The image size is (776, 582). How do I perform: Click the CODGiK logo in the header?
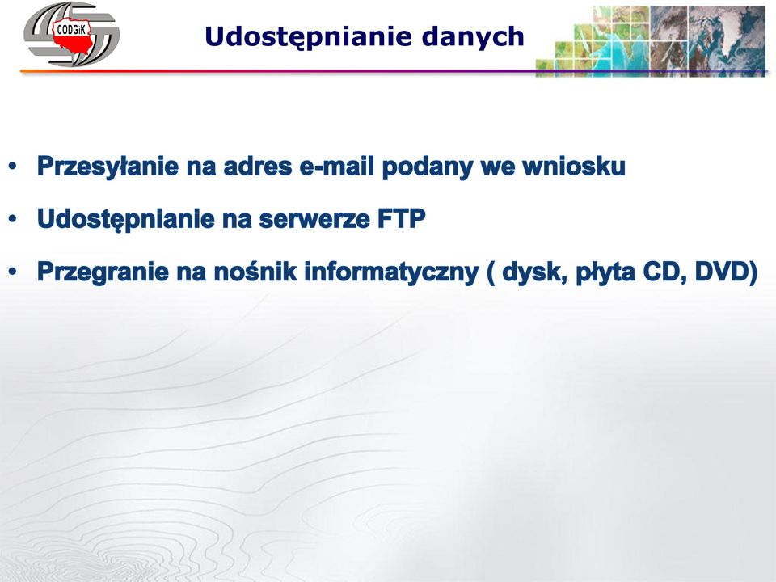point(71,34)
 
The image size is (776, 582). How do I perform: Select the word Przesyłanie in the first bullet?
point(108,167)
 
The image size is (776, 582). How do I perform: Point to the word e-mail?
point(337,166)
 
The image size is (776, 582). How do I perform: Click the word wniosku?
point(574,166)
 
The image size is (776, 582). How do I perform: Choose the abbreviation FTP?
point(402,219)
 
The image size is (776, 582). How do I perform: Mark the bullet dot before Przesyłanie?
point(13,167)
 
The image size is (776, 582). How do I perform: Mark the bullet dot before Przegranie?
point(13,272)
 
